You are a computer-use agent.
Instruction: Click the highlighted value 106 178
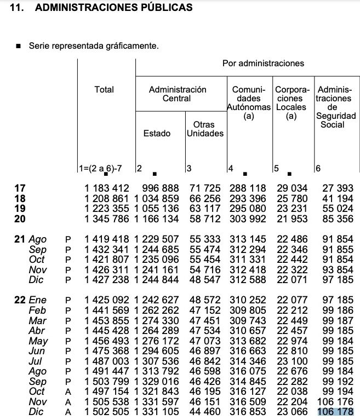(336, 411)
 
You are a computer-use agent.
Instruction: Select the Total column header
(104, 89)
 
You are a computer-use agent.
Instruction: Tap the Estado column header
(157, 133)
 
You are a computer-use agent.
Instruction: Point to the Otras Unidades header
(205, 129)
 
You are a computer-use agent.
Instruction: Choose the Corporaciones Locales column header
(292, 102)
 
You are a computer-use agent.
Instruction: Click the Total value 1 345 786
(106, 219)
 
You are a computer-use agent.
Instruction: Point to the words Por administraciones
(263, 63)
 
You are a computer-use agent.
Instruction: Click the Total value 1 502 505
(106, 411)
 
